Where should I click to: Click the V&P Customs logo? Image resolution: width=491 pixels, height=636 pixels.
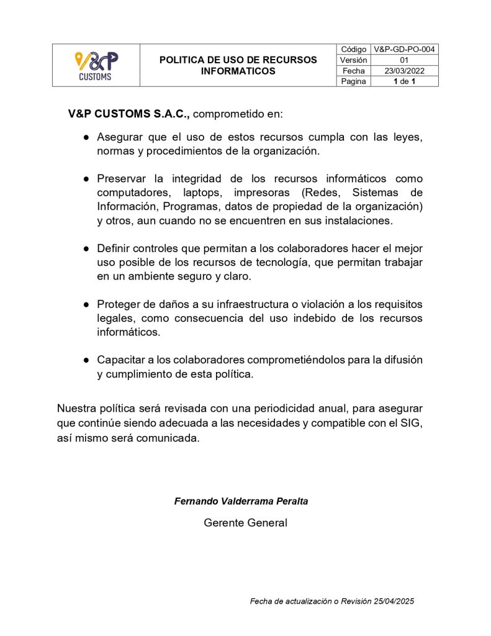click(x=96, y=65)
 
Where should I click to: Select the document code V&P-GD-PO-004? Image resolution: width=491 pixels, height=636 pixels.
click(x=404, y=49)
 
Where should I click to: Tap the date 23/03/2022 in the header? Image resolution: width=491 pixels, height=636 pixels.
click(x=404, y=71)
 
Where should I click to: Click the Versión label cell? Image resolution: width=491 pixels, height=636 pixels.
click(x=353, y=60)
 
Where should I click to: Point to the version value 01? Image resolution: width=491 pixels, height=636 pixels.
click(x=404, y=60)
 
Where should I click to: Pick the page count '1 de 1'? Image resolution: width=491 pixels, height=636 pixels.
click(x=404, y=81)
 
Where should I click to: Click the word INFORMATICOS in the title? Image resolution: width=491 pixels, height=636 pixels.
click(x=238, y=71)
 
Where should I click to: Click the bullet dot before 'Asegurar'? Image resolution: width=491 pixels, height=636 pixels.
click(x=86, y=137)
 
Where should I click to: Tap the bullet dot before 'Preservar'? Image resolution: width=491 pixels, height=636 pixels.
click(x=86, y=179)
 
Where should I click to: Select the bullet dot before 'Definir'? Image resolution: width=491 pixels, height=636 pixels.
click(x=86, y=248)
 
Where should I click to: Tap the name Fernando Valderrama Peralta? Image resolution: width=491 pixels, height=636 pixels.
click(x=241, y=501)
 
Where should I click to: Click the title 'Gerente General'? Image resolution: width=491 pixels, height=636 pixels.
click(x=245, y=523)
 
